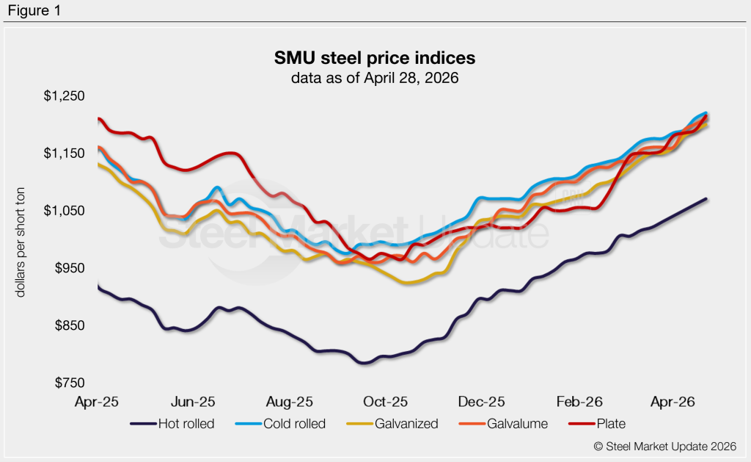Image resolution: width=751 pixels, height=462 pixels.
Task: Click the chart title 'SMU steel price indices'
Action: click(375, 57)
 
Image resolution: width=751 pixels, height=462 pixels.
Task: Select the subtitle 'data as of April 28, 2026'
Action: click(375, 78)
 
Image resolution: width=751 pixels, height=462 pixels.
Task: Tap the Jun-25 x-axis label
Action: click(194, 402)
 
